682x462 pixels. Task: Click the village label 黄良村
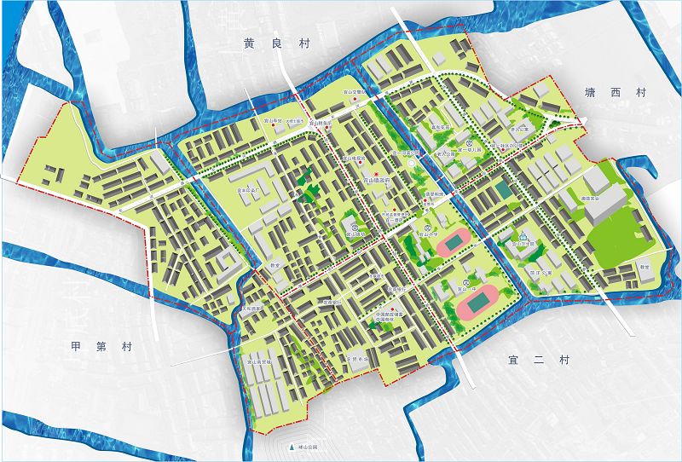263,43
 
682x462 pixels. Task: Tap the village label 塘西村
612,91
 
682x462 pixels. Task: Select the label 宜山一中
471,289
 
